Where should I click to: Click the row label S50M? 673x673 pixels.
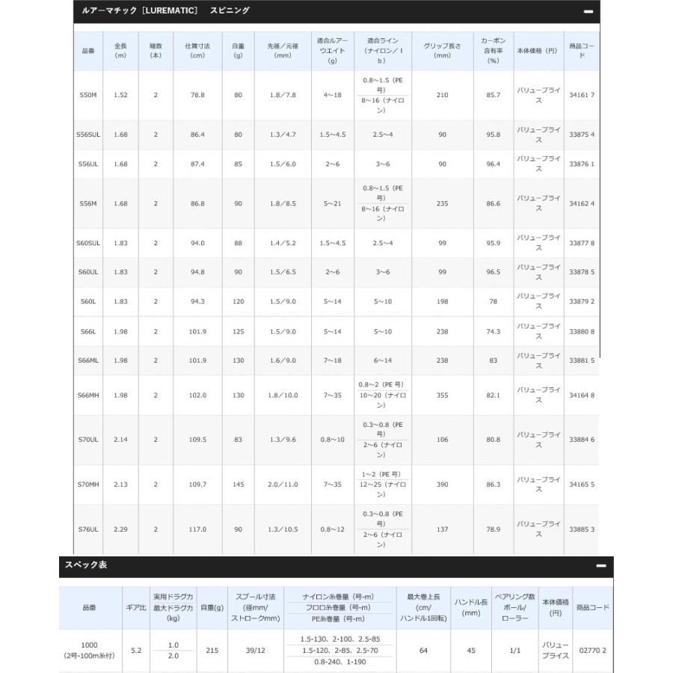(87, 95)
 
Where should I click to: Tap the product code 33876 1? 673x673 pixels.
(581, 165)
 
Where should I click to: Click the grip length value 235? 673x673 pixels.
(442, 203)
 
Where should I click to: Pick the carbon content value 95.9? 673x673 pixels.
(493, 243)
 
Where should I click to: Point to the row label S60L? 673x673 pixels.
(87, 301)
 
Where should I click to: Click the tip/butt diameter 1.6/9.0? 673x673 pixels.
(283, 360)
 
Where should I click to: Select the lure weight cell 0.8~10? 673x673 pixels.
(333, 440)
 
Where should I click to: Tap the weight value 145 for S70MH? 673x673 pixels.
(238, 485)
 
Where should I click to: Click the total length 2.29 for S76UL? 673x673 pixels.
(120, 529)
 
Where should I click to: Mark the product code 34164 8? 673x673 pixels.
(581, 395)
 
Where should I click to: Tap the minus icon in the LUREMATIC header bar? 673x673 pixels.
(588, 12)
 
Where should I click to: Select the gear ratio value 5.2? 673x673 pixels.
(135, 651)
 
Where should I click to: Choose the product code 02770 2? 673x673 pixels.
(592, 651)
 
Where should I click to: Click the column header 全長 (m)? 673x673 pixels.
(120, 51)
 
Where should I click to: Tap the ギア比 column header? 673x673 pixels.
(135, 608)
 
